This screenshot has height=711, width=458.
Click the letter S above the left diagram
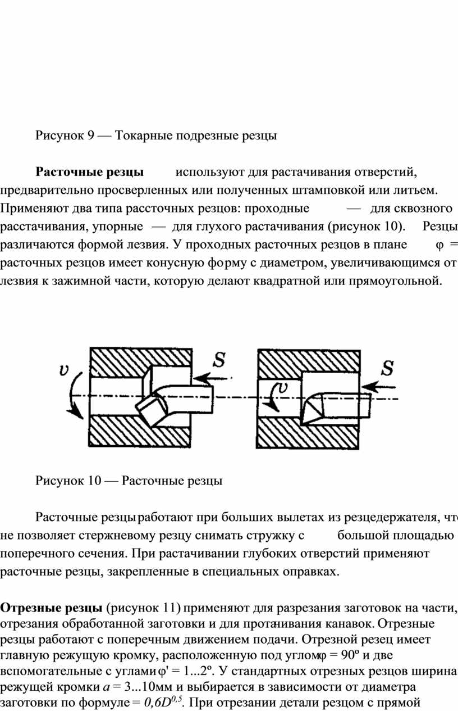click(x=219, y=359)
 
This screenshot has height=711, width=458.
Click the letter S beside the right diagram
click(x=387, y=368)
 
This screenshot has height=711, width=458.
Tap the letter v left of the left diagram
click(x=65, y=370)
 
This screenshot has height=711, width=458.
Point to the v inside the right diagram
click(x=283, y=387)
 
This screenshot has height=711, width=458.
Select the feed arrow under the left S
click(x=210, y=378)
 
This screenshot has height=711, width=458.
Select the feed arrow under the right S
click(x=378, y=387)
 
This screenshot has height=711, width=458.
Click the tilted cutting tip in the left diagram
click(x=152, y=409)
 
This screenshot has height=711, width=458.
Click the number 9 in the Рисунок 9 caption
click(x=91, y=135)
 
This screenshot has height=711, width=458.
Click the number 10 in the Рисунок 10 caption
click(x=94, y=481)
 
